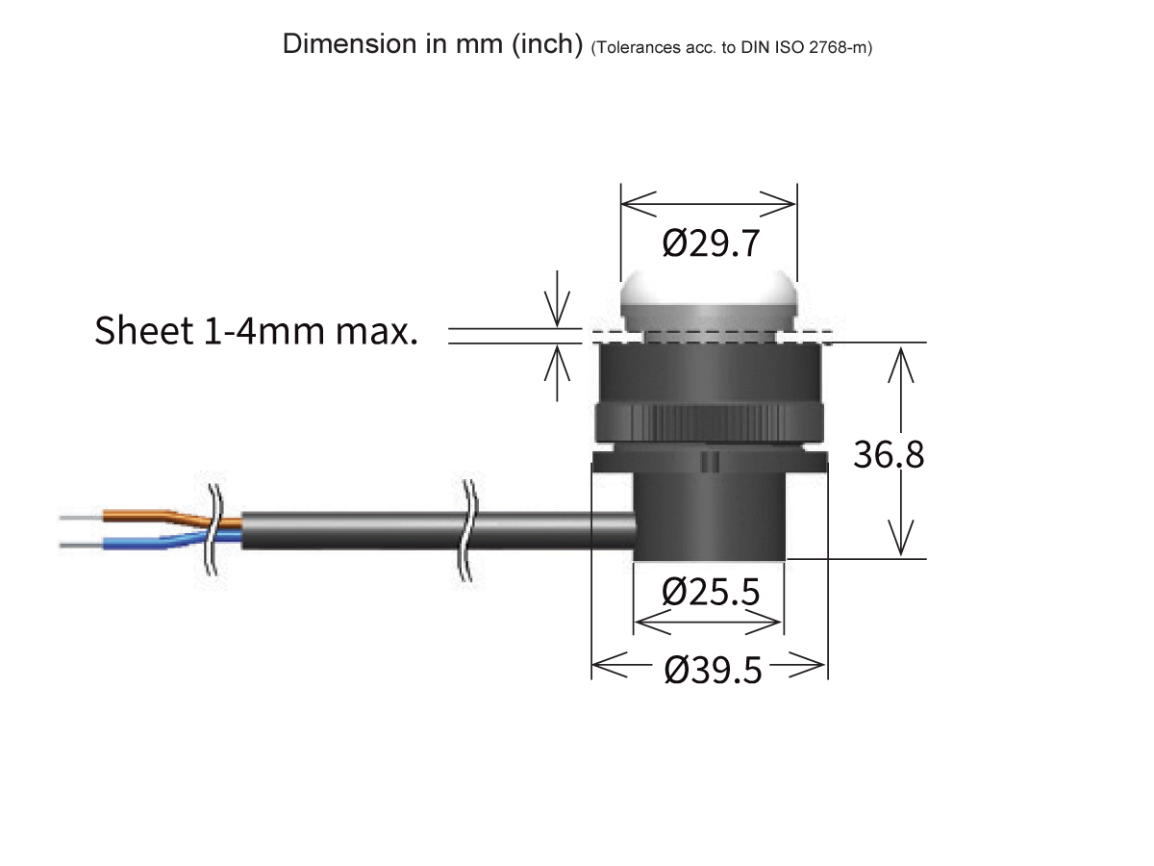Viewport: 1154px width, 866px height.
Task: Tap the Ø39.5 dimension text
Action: (712, 670)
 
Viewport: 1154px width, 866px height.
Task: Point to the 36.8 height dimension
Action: (889, 454)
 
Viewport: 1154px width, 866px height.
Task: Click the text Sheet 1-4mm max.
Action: (256, 331)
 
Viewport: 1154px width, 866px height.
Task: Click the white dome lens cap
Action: (709, 300)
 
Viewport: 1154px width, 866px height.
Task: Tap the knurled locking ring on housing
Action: (710, 421)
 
